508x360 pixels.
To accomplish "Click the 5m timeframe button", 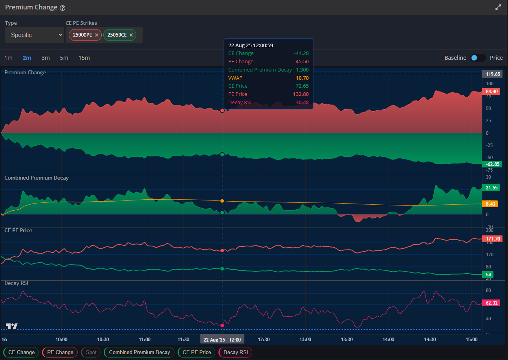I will point(64,58).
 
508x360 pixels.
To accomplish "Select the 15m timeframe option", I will point(84,58).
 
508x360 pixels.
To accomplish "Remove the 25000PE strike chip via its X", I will point(97,35).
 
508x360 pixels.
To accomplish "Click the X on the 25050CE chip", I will point(131,35).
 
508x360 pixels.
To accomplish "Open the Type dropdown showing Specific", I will point(35,35).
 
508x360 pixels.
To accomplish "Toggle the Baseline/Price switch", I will point(478,58).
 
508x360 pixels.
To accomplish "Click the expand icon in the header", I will point(498,7).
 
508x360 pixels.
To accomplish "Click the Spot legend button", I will point(91,352).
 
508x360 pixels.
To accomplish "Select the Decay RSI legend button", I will point(236,352).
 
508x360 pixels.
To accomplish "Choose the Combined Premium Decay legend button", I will point(139,352).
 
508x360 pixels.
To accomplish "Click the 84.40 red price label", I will point(492,92).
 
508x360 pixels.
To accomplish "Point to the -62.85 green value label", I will point(492,164).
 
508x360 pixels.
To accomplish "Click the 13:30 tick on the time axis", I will point(347,340).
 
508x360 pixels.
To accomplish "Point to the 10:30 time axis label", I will point(103,340).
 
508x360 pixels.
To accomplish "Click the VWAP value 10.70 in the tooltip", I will point(302,78).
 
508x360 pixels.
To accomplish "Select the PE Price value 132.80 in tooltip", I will point(301,94).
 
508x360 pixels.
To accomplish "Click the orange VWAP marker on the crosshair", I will point(222,201).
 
